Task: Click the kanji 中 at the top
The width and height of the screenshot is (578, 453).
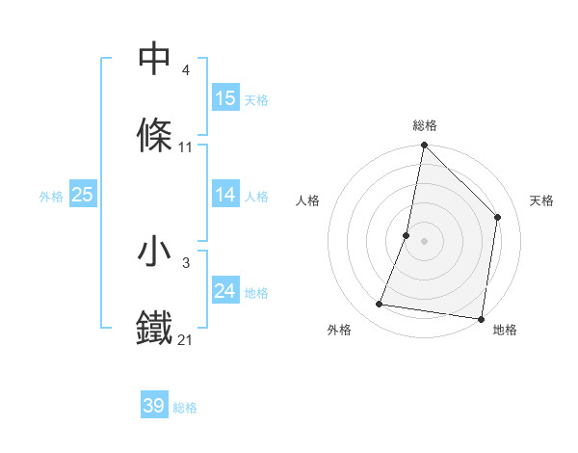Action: tap(155, 60)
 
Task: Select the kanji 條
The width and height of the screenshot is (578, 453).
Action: tap(155, 135)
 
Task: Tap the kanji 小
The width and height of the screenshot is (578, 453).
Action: tap(155, 253)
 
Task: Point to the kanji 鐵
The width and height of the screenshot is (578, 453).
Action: tap(155, 328)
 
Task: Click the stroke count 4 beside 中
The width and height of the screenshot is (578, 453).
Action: tap(186, 71)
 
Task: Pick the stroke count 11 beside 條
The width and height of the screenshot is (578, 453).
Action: tap(186, 147)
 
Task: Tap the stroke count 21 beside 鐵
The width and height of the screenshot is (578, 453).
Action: tap(186, 339)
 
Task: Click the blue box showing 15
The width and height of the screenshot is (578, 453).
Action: tap(224, 98)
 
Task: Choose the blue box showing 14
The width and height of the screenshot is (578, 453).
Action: tap(224, 195)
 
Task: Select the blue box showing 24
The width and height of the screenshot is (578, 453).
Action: tap(224, 291)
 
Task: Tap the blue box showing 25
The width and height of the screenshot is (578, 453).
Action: tap(82, 195)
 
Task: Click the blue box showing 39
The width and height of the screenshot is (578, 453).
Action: tap(154, 406)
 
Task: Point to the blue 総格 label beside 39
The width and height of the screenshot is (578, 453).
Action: tap(185, 408)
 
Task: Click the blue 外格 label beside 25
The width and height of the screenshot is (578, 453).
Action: tap(51, 197)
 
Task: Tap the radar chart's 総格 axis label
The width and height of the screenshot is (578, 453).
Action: tap(424, 125)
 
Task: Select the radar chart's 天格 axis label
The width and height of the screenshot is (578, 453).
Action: tap(542, 200)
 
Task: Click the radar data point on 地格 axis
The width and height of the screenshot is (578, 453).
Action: tap(481, 318)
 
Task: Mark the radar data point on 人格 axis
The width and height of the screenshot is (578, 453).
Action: tap(407, 235)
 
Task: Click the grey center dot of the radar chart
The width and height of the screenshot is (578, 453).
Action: tap(424, 241)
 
